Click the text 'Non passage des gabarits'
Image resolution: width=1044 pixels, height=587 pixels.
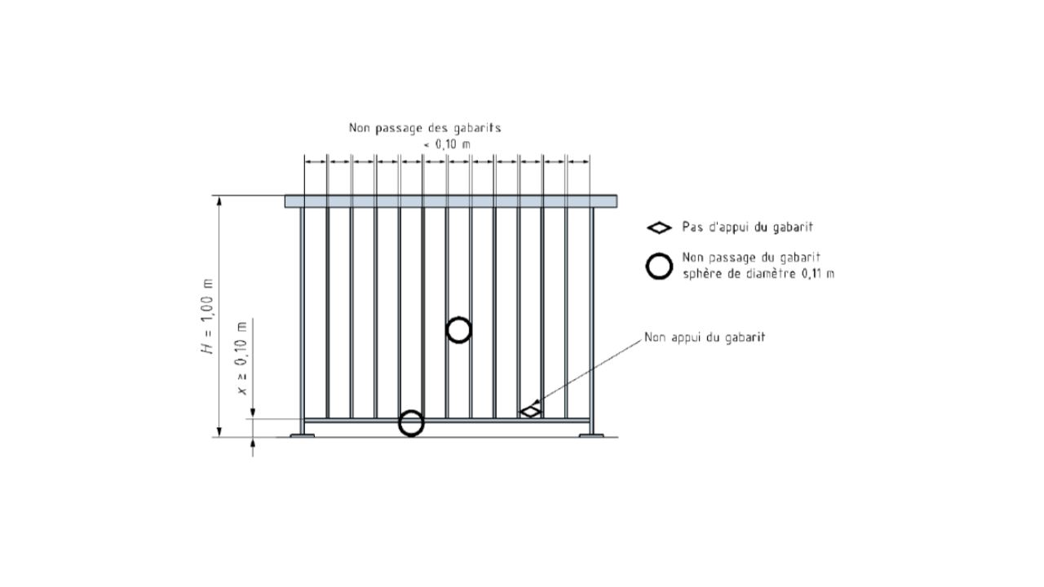pos(425,128)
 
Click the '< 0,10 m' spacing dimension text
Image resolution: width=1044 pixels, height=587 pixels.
pos(447,144)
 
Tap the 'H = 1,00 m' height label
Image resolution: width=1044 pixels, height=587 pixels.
pos(208,316)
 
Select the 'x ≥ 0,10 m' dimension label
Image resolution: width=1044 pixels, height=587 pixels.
pos(242,358)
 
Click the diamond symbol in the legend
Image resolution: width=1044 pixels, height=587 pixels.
pos(659,227)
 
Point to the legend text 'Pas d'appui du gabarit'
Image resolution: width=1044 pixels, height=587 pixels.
pos(747,227)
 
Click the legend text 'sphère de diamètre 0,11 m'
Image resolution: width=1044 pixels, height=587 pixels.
pos(759,273)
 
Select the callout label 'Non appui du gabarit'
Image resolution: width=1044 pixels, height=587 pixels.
pos(704,338)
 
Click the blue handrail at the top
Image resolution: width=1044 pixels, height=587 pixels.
pos(451,201)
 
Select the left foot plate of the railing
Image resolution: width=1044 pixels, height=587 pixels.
pos(302,435)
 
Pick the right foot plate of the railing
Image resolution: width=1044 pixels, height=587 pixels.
pos(591,435)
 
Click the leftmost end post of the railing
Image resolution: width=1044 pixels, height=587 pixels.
pos(302,320)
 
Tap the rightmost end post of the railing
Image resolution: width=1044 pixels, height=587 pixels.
pos(592,320)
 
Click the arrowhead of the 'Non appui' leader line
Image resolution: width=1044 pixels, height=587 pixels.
pos(535,403)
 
